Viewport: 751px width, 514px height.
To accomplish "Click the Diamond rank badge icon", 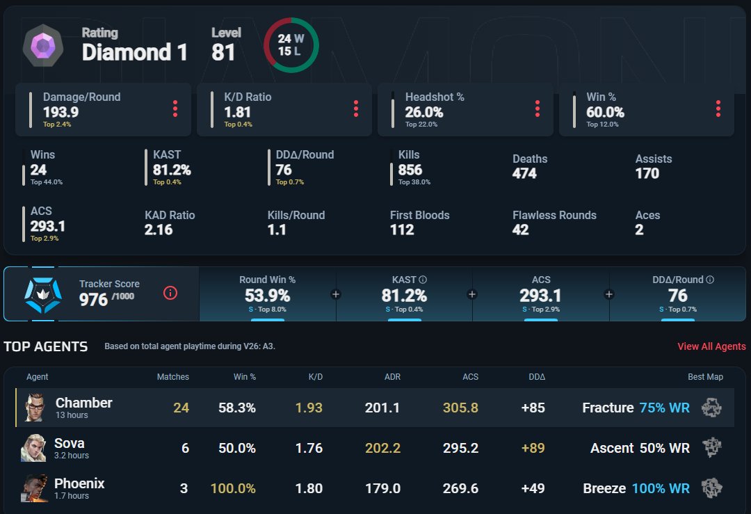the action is click(43, 46).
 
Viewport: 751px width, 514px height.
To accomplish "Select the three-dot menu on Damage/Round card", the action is click(175, 109).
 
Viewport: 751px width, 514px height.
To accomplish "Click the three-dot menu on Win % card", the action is click(718, 109).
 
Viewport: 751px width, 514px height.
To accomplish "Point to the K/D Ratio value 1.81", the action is click(238, 112).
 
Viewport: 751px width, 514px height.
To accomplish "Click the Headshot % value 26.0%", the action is click(424, 112).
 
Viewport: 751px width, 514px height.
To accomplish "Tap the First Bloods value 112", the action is click(402, 230).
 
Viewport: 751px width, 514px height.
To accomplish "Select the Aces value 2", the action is click(640, 230).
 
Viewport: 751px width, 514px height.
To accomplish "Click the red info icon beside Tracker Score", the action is click(170, 293).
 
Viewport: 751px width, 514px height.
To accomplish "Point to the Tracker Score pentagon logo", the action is click(43, 295).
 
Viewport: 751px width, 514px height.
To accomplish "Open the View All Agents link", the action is click(711, 346).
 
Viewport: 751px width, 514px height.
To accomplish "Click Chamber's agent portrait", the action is click(35, 408).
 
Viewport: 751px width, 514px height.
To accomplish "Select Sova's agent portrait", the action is click(33, 448).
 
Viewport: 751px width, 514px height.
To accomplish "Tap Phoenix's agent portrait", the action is click(35, 488).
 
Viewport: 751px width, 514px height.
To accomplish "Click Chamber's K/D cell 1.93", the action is click(309, 408).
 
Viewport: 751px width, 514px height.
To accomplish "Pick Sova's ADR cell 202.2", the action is click(382, 448).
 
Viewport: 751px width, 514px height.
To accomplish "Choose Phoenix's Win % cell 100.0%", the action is click(233, 488).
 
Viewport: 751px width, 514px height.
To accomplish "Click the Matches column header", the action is click(173, 377).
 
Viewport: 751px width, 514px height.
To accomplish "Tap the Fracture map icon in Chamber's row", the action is click(712, 408).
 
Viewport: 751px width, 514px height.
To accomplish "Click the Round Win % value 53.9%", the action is click(267, 296).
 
